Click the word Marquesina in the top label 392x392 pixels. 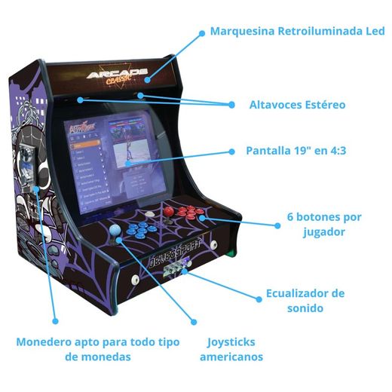244,32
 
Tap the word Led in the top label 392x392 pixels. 373,32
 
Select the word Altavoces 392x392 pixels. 276,105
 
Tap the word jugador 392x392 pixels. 323,231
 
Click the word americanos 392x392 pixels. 231,357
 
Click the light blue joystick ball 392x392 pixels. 115,231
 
